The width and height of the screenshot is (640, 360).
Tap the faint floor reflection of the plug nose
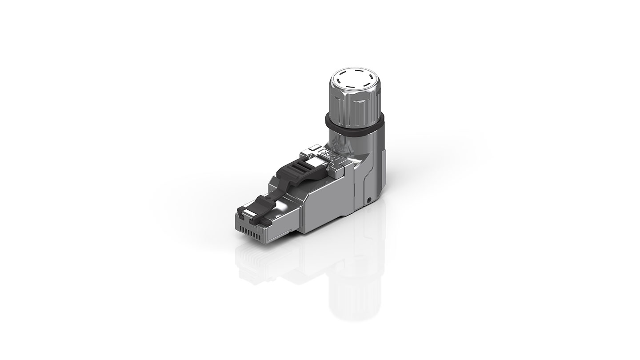coord(256,262)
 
